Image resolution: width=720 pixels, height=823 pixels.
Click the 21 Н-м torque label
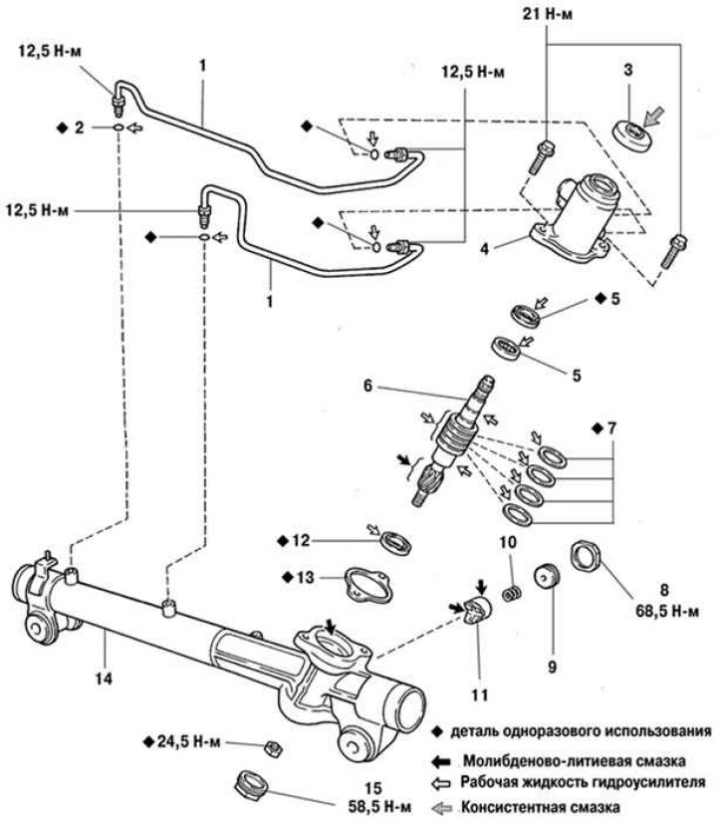[x=548, y=14]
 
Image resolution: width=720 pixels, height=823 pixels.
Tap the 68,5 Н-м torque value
[x=667, y=612]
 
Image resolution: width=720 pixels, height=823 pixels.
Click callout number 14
[x=104, y=679]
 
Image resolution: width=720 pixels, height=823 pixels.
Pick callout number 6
[x=367, y=386]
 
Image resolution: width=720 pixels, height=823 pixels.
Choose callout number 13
[x=305, y=577]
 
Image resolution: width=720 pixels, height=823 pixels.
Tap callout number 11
[x=480, y=695]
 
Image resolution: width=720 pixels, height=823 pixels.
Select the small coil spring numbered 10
[x=512, y=594]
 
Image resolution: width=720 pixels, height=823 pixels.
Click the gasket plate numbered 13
[x=367, y=585]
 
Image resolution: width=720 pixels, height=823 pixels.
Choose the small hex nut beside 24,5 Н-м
[x=272, y=747]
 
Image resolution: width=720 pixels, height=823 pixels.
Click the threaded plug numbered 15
[x=251, y=785]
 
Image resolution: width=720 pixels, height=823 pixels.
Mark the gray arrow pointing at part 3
[x=654, y=117]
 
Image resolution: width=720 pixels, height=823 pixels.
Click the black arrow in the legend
[x=441, y=761]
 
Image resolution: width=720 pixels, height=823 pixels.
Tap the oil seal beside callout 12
[x=395, y=543]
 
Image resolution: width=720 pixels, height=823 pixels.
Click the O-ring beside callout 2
[x=119, y=128]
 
